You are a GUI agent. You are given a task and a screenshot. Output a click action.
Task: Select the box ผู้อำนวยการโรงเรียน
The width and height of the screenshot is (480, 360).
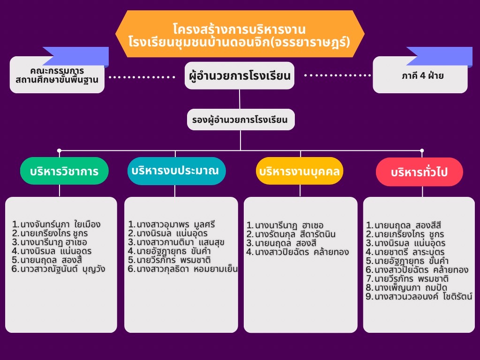pyautogui.click(x=240, y=75)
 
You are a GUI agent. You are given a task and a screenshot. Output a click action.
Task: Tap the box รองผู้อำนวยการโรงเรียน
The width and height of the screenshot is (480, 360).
pyautogui.click(x=240, y=120)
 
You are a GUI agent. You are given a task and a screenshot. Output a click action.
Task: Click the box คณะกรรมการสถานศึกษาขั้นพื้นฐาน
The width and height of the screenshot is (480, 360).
pyautogui.click(x=57, y=75)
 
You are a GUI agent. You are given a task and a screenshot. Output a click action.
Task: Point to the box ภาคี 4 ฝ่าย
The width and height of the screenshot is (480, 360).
pyautogui.click(x=420, y=75)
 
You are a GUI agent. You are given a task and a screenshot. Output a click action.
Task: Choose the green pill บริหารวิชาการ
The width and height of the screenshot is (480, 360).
pyautogui.click(x=64, y=171)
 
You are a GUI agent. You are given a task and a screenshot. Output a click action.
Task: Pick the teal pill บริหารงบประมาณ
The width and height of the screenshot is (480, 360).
pyautogui.click(x=176, y=171)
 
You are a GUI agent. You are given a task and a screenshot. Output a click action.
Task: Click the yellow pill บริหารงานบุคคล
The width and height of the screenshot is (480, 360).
pyautogui.click(x=300, y=171)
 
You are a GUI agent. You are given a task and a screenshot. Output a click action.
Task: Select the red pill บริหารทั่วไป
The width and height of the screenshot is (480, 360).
pyautogui.click(x=419, y=172)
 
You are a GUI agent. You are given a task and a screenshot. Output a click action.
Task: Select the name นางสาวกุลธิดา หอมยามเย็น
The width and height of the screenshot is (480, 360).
pyautogui.click(x=183, y=269)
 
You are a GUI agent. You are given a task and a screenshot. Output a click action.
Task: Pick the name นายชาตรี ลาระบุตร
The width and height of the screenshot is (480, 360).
pyautogui.click(x=405, y=252)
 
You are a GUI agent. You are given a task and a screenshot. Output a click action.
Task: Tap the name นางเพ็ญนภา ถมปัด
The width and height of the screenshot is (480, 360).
pyautogui.click(x=407, y=287)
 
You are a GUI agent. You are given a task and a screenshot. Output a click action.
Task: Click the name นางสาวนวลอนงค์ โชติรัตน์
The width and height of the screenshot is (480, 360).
pyautogui.click(x=419, y=296)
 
